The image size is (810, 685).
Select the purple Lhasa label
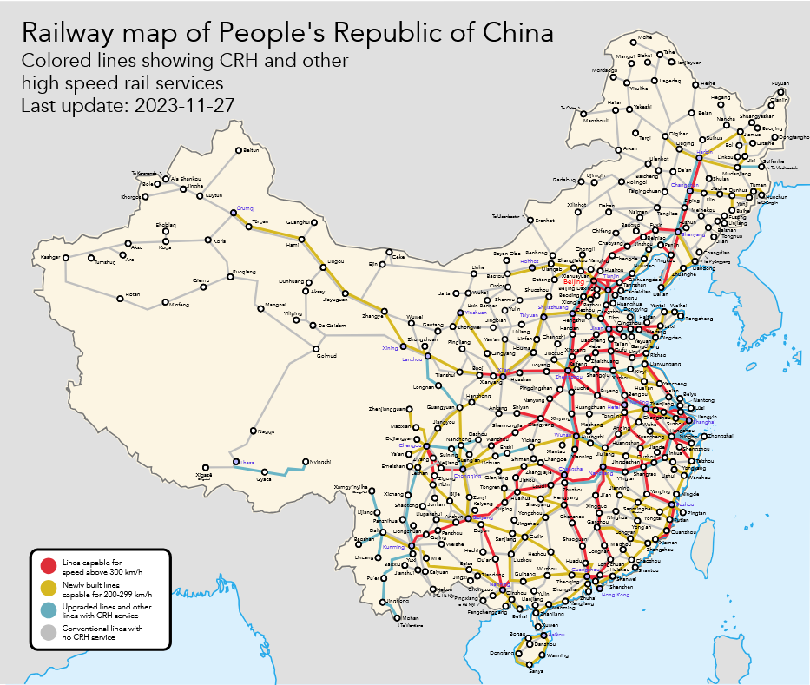[x=247, y=464]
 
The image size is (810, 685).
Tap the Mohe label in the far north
[x=644, y=38]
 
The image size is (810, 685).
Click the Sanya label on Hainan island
[x=536, y=671]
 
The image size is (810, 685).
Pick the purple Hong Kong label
[x=616, y=595]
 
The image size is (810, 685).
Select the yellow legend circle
[x=49, y=589]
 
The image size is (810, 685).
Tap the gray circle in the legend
[x=49, y=631]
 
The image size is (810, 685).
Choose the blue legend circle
[x=49, y=610]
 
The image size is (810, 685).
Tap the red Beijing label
[x=575, y=282]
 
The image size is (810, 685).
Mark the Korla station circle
[x=207, y=240]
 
